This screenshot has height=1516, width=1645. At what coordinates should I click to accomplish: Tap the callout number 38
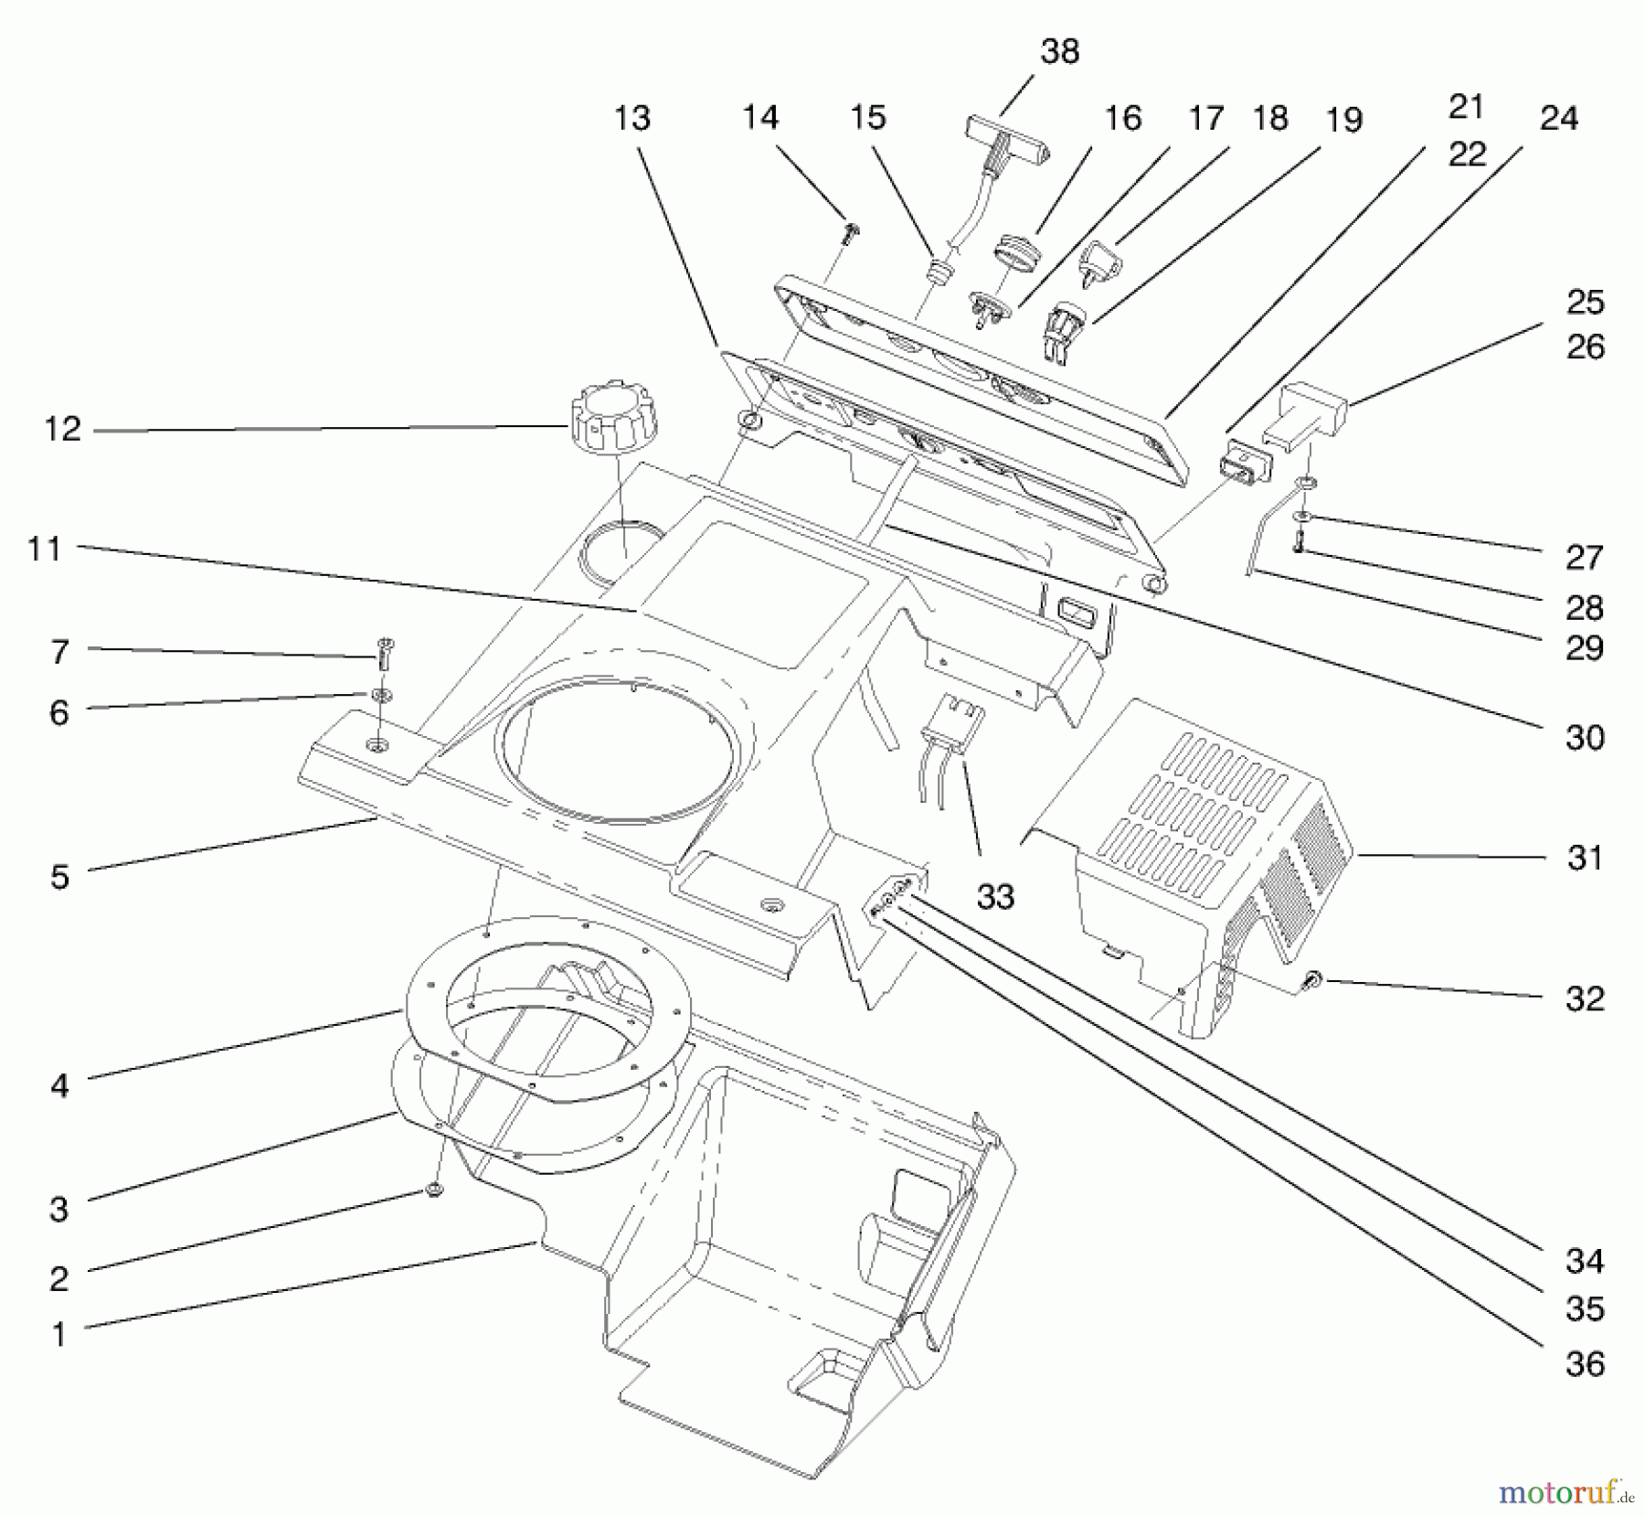click(x=1059, y=52)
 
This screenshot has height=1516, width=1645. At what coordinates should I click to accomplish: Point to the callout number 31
click(x=1584, y=858)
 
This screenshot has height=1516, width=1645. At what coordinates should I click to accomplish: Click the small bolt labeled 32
click(x=1315, y=980)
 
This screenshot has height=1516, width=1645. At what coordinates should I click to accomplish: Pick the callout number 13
click(x=631, y=119)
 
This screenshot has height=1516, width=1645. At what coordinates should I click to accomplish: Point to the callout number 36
click(x=1584, y=1364)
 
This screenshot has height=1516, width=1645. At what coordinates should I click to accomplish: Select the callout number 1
click(x=59, y=1335)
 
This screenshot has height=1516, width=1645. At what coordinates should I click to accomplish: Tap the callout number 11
click(x=44, y=550)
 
